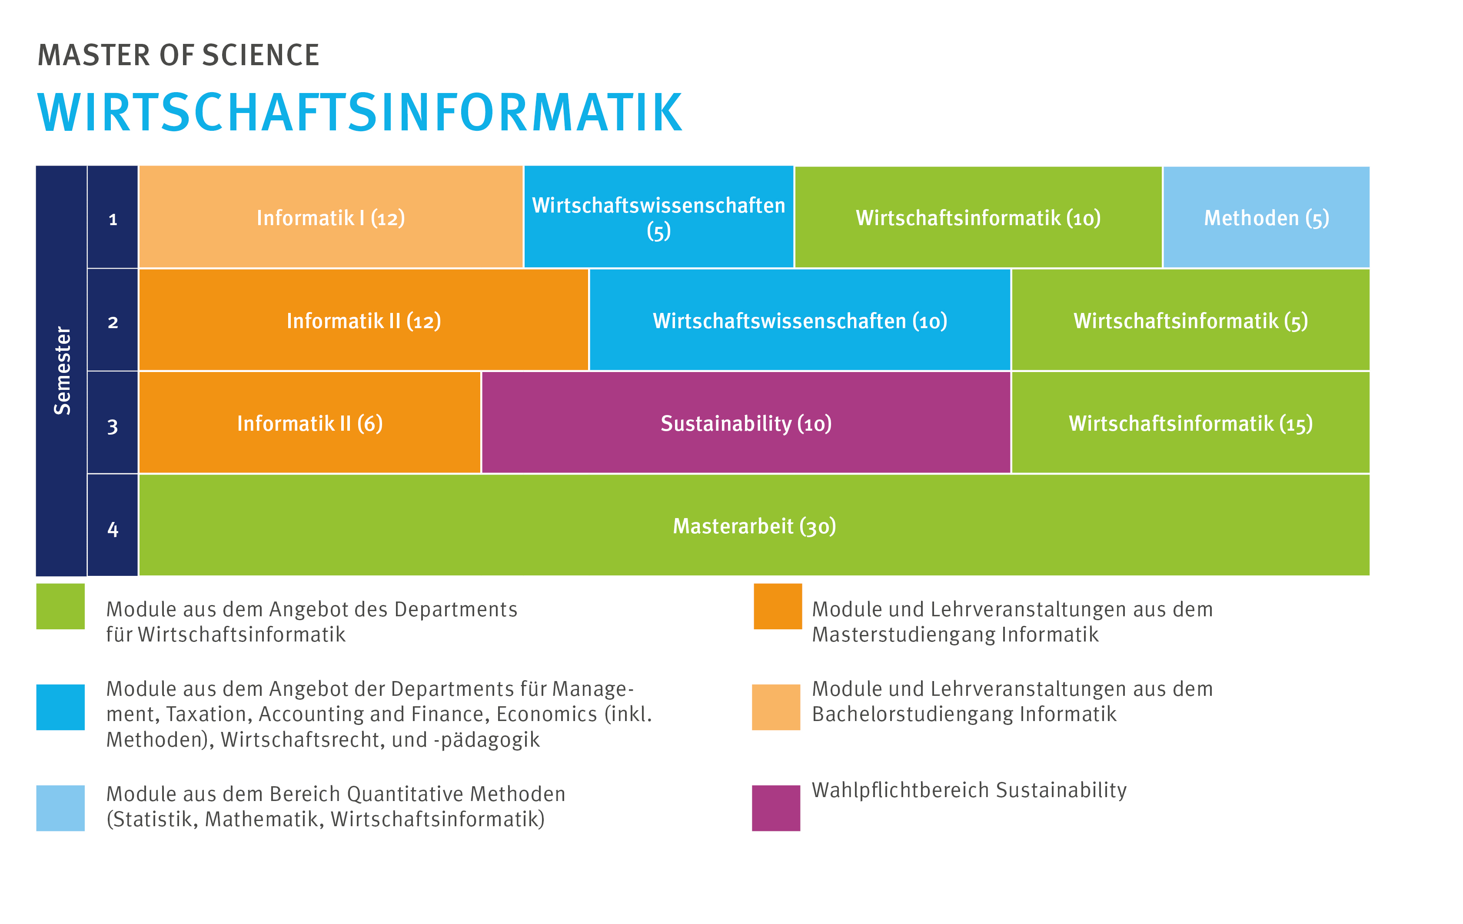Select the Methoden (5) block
pyautogui.click(x=1266, y=216)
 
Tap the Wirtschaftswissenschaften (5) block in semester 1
pyautogui.click(x=658, y=216)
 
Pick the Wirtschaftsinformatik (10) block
pyautogui.click(x=978, y=216)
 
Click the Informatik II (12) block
pyautogui.click(x=363, y=319)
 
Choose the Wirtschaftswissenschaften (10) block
pyautogui.click(x=800, y=319)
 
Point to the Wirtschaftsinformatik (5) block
pyautogui.click(x=1191, y=319)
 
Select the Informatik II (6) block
pyautogui.click(x=310, y=422)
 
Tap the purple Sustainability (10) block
pyautogui.click(x=746, y=422)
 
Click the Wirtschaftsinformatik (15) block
pyautogui.click(x=1191, y=422)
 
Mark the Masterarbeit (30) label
pyautogui.click(x=755, y=526)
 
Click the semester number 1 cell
pyautogui.click(x=113, y=216)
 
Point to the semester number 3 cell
pyautogui.click(x=113, y=422)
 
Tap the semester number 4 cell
pyautogui.click(x=113, y=525)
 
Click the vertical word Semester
pyautogui.click(x=62, y=371)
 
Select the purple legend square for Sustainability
pyautogui.click(x=776, y=808)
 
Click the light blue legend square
pyautogui.click(x=60, y=808)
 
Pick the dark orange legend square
pyautogui.click(x=778, y=606)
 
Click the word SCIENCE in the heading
pyautogui.click(x=261, y=55)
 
